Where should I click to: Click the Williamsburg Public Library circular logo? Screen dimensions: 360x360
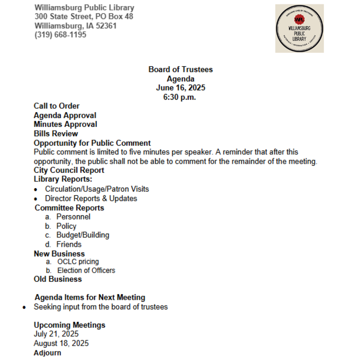tap(299, 28)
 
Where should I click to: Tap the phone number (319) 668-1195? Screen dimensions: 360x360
tap(60, 35)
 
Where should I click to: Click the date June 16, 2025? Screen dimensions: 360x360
tap(180, 88)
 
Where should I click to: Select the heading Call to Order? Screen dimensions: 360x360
tap(57, 106)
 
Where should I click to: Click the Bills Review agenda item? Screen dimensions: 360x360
tap(56, 134)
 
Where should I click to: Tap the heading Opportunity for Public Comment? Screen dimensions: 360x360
tap(92, 143)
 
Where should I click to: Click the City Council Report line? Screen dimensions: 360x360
tap(69, 170)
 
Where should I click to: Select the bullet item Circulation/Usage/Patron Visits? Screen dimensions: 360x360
tap(97, 189)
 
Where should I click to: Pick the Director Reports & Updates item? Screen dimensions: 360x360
tap(91, 198)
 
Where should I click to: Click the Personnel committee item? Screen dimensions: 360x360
tap(73, 217)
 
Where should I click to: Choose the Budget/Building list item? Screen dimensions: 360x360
tap(83, 235)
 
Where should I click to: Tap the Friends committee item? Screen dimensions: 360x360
tap(69, 244)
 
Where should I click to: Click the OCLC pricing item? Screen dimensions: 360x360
tap(78, 262)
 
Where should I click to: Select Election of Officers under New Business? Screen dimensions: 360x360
tap(86, 270)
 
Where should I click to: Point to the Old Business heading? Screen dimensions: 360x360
tap(58, 279)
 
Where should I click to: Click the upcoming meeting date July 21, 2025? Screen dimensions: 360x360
tap(56, 334)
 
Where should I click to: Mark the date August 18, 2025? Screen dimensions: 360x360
tap(61, 343)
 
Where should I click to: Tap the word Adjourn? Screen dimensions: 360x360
tap(47, 353)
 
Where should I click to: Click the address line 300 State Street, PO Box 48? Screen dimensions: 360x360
tap(84, 16)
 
